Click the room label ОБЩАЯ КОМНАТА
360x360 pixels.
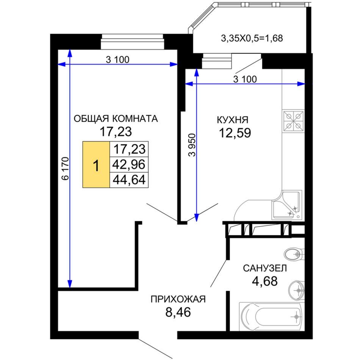(116, 119)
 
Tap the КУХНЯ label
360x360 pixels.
(233, 120)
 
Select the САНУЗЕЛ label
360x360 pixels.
(265, 268)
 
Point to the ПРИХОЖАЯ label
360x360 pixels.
(178, 299)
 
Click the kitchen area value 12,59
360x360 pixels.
(235, 133)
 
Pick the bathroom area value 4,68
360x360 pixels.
(265, 281)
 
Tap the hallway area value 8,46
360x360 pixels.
(178, 312)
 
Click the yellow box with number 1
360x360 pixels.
(96, 164)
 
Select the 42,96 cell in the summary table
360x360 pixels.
(129, 164)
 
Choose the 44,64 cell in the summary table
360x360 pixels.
(129, 180)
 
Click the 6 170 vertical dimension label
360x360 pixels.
(66, 169)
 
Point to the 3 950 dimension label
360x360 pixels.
(192, 145)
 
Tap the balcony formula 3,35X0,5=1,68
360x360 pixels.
(252, 38)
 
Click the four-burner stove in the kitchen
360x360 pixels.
(293, 121)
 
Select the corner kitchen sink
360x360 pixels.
(287, 205)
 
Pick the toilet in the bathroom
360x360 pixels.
(294, 254)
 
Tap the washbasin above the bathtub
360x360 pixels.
(296, 290)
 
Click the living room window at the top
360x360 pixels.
(133, 42)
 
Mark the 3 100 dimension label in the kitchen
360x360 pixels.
(245, 79)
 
